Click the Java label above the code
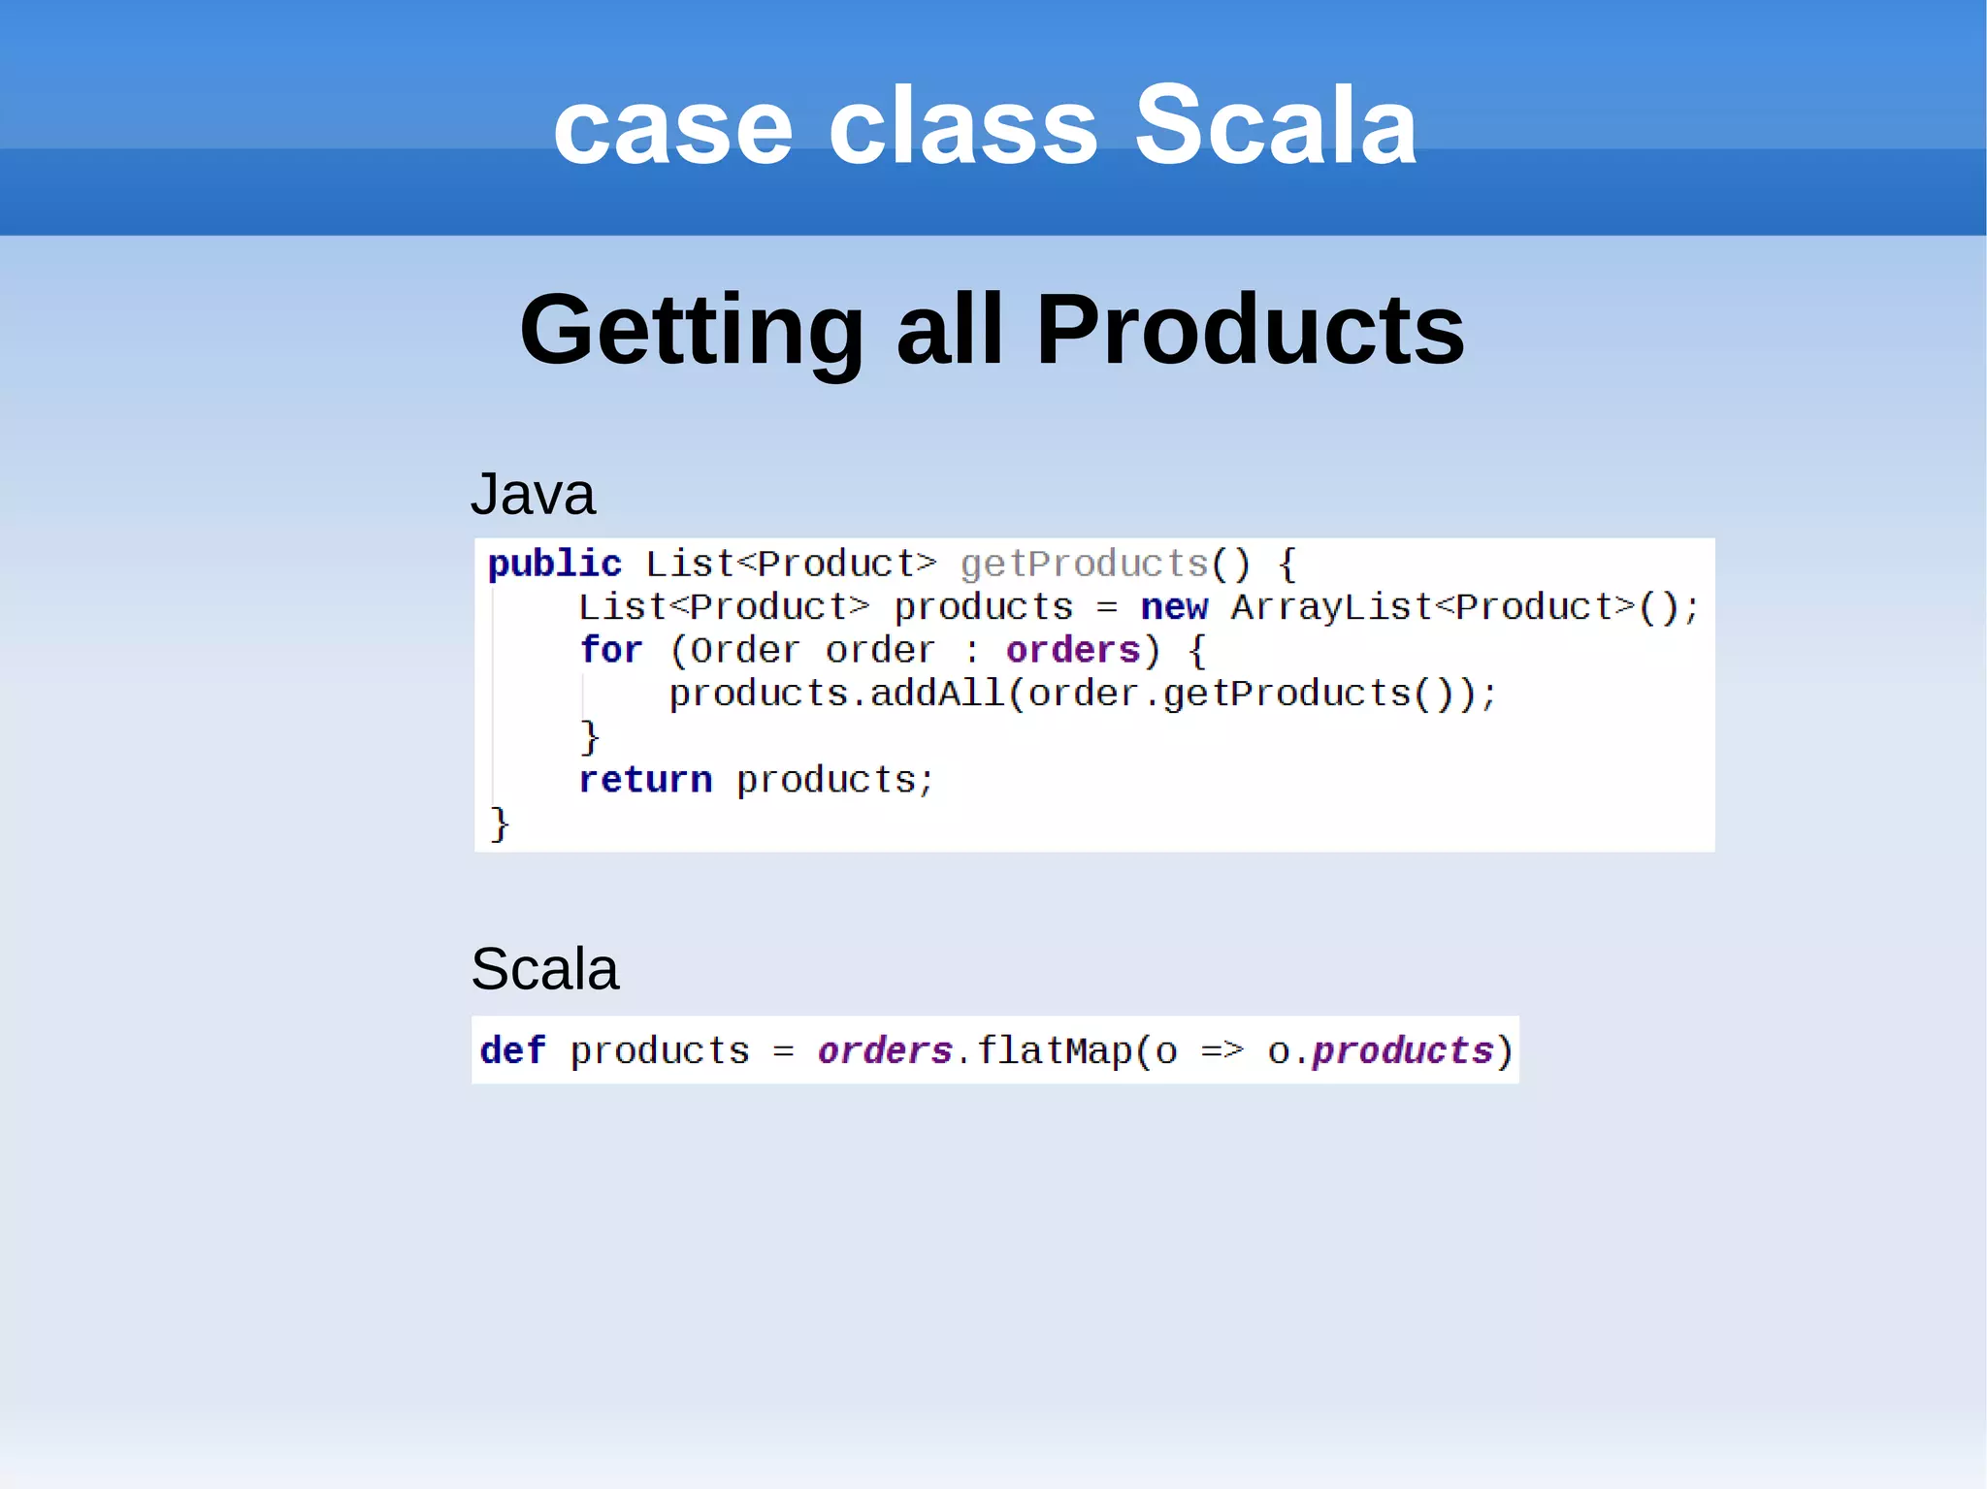point(533,494)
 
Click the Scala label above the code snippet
point(544,968)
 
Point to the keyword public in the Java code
point(554,564)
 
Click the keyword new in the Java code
point(1174,607)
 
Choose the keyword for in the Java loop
point(610,650)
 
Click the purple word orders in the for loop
point(1072,650)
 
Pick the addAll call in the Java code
point(936,694)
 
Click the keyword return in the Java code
point(645,780)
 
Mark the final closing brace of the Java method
point(499,824)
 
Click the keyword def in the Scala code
point(512,1051)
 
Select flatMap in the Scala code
point(1054,1051)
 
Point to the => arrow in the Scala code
point(1222,1051)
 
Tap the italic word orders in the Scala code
point(884,1051)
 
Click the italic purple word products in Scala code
point(1402,1051)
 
